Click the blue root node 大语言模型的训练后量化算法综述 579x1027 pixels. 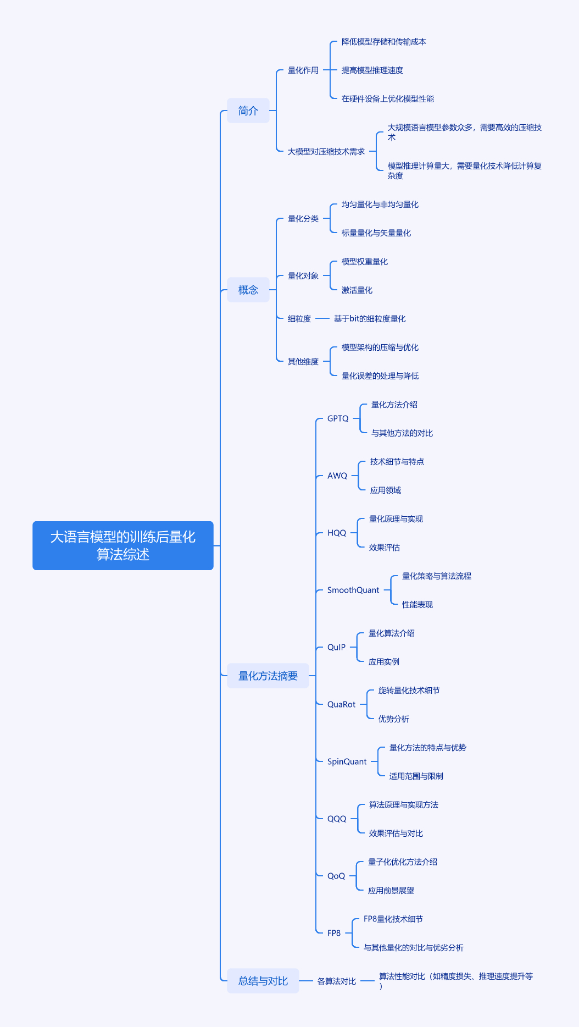pyautogui.click(x=123, y=545)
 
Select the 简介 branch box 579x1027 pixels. pyautogui.click(x=248, y=111)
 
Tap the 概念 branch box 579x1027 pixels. pyautogui.click(x=248, y=290)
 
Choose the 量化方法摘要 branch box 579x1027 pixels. pyautogui.click(x=268, y=676)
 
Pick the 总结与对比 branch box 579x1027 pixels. pyautogui.click(x=263, y=981)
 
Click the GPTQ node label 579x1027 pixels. pyautogui.click(x=338, y=418)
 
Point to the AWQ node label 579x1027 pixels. pyautogui.click(x=337, y=476)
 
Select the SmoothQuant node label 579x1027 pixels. pyautogui.click(x=353, y=590)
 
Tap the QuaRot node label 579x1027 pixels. pyautogui.click(x=341, y=704)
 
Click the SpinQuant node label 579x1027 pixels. pyautogui.click(x=347, y=761)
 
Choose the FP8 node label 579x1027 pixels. pyautogui.click(x=334, y=933)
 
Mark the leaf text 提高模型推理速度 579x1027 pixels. pyautogui.click(x=372, y=70)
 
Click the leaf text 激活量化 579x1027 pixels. pyautogui.click(x=357, y=290)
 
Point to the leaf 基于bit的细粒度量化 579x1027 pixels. pyautogui.click(x=370, y=319)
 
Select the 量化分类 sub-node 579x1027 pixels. pyautogui.click(x=303, y=219)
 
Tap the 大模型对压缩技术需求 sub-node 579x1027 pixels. pyautogui.click(x=326, y=152)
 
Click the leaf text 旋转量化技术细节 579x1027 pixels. pyautogui.click(x=409, y=691)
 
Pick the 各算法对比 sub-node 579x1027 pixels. pyautogui.click(x=337, y=981)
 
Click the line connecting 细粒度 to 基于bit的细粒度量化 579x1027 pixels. pyautogui.click(x=322, y=318)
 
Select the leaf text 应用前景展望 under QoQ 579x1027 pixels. pyautogui.click(x=391, y=891)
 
